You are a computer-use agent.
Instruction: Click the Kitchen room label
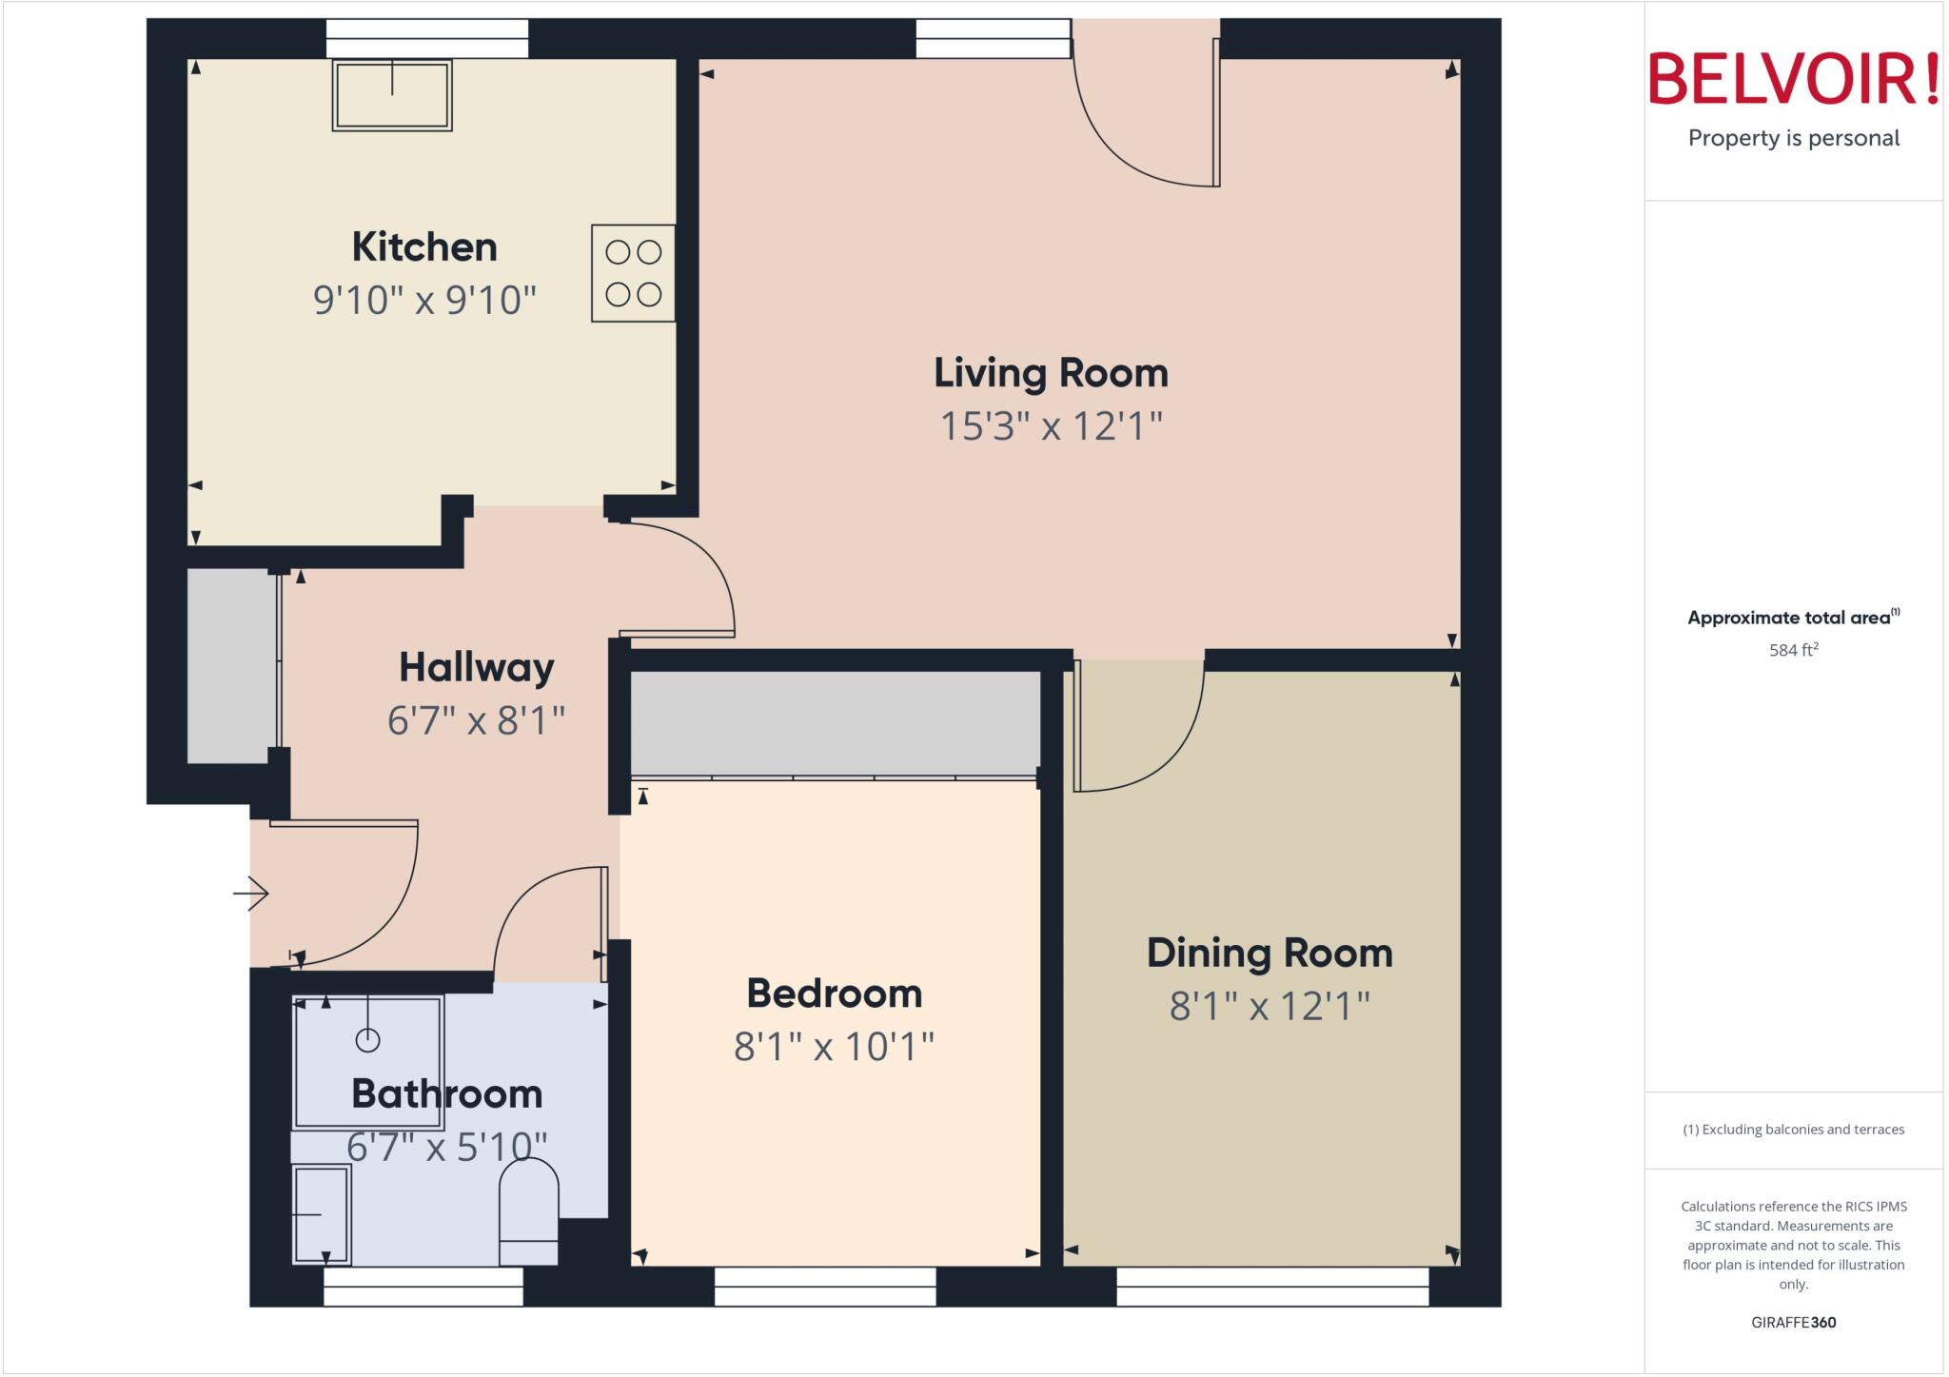click(424, 247)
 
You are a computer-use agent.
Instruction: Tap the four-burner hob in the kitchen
click(633, 273)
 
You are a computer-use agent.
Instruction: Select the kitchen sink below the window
click(392, 95)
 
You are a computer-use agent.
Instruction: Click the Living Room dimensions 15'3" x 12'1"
click(1051, 426)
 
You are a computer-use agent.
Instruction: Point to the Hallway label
click(476, 668)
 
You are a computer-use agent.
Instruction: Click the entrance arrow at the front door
click(251, 894)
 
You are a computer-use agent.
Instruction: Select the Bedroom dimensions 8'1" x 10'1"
click(834, 1047)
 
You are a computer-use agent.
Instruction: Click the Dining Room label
click(1270, 954)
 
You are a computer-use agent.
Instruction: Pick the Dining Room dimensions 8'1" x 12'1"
click(1270, 1006)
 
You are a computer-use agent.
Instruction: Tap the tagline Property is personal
click(1793, 139)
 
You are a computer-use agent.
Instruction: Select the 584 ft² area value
click(1793, 651)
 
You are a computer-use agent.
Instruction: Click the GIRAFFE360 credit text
click(1793, 1323)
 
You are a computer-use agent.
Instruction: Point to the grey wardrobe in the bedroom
click(836, 723)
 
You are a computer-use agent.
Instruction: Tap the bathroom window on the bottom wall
click(423, 1287)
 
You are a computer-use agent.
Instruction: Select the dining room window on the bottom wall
click(1272, 1287)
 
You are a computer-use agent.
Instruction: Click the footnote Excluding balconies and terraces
click(1793, 1130)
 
